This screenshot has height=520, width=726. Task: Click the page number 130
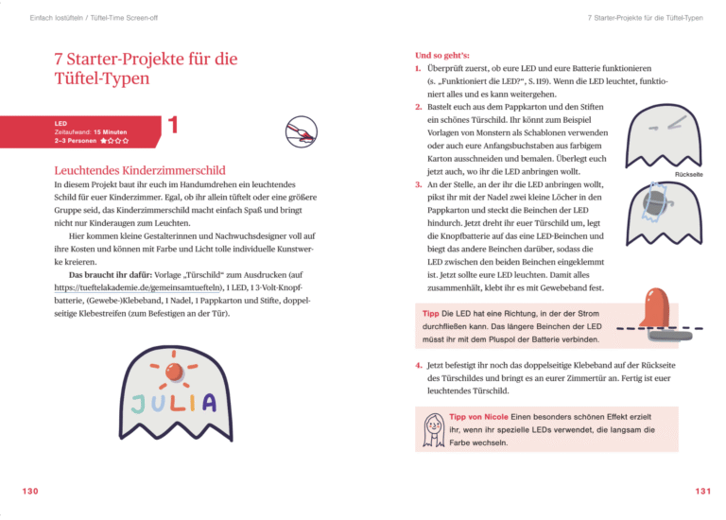(30, 491)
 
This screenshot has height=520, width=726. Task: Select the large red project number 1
(173, 126)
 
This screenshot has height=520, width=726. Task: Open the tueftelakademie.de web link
(139, 285)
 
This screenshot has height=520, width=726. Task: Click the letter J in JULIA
(139, 405)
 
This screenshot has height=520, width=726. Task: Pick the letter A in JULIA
(208, 403)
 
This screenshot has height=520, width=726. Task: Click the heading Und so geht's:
(443, 55)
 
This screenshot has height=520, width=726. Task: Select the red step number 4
(419, 364)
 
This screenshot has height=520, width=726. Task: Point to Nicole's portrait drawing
(435, 429)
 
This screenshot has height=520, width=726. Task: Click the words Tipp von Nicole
(479, 417)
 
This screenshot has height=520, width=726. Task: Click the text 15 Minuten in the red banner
(110, 131)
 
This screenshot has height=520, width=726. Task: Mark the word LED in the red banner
(60, 123)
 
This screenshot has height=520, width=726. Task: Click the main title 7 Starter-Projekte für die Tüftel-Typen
(146, 68)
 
